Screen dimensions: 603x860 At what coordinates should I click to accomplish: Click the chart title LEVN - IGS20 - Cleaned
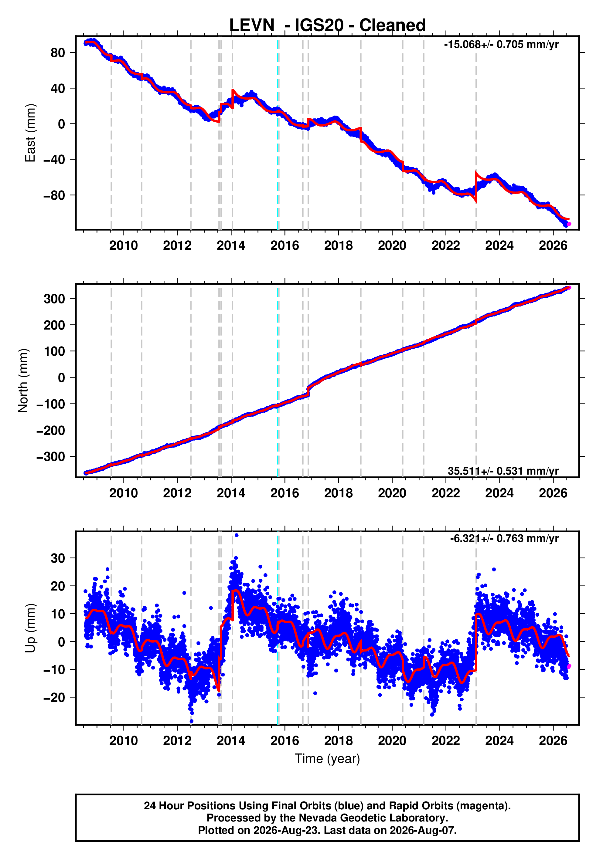point(327,25)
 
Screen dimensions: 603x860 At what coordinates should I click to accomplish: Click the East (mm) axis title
point(30,133)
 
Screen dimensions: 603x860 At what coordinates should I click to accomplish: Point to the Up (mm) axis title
point(30,628)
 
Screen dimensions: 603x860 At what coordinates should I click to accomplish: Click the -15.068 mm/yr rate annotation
point(501,45)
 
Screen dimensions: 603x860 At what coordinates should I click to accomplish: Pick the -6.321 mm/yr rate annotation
point(504,539)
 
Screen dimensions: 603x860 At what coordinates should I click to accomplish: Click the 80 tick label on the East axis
point(58,53)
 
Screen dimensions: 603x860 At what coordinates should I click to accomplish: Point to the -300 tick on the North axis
point(51,457)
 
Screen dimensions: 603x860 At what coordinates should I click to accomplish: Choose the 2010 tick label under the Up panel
point(124,740)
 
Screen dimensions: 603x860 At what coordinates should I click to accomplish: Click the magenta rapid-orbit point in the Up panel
point(569,666)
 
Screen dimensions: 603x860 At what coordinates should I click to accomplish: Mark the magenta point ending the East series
point(569,224)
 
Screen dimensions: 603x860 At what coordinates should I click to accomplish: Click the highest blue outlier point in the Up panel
point(236,535)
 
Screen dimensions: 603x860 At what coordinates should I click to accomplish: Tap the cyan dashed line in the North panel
point(278,381)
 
